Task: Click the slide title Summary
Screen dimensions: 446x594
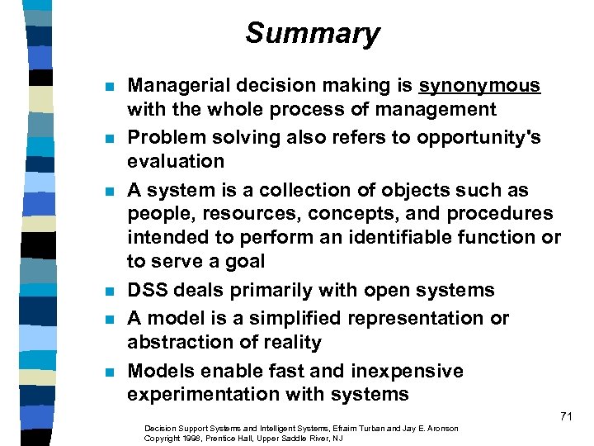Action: click(x=312, y=34)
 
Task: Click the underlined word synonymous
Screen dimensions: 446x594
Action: click(x=479, y=85)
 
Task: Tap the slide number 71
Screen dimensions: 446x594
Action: click(x=565, y=416)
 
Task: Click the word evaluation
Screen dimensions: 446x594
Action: click(x=175, y=161)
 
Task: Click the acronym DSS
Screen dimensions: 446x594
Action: click(x=146, y=290)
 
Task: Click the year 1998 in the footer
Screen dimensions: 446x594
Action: click(x=181, y=438)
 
